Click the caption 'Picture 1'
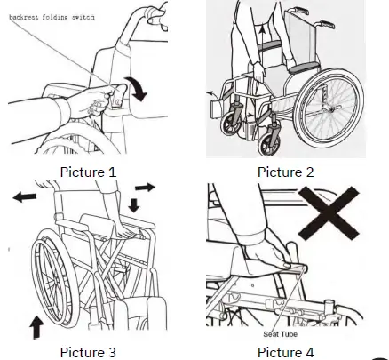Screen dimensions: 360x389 coord(88,172)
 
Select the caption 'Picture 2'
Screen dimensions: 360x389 coord(285,172)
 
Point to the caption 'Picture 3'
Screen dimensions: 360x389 coord(88,352)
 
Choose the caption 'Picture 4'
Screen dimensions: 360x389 coord(285,352)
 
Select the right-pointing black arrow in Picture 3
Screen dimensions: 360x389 coord(144,188)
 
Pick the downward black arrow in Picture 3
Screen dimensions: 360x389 coord(133,207)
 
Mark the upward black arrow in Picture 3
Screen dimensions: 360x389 coord(36,325)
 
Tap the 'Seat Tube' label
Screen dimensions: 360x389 coord(279,333)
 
